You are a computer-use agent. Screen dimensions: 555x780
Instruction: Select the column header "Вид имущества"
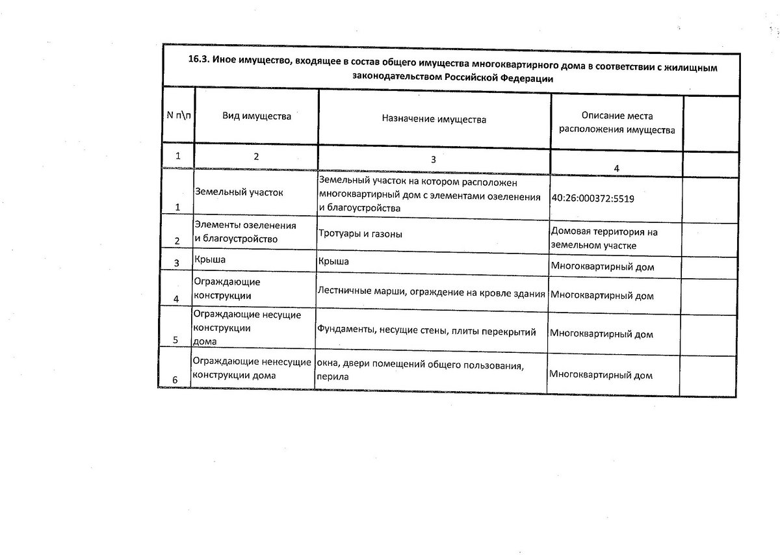(x=257, y=117)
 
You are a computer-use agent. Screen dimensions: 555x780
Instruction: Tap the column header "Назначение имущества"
(x=434, y=120)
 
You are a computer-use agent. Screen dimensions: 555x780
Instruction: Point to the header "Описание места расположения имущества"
(x=617, y=123)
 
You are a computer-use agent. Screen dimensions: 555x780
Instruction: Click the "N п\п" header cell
(x=178, y=116)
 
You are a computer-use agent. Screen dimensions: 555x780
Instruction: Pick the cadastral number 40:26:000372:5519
(x=592, y=198)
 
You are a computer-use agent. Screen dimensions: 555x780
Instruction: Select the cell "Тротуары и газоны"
(x=359, y=233)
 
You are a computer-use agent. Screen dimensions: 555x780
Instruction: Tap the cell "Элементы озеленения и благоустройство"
(x=245, y=232)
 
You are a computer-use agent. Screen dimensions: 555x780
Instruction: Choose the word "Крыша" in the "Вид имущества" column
(x=208, y=261)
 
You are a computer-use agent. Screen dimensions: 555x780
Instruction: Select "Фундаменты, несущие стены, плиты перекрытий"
(x=426, y=331)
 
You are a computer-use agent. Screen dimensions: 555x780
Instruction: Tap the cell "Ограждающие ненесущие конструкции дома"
(x=252, y=369)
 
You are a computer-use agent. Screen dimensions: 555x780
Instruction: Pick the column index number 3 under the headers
(x=434, y=159)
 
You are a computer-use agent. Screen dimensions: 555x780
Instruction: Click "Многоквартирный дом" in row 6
(x=601, y=375)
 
